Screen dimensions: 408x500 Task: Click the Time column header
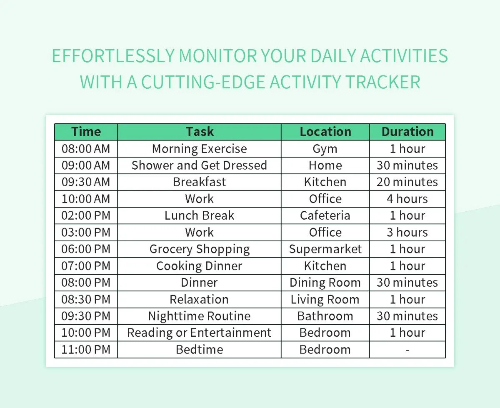coord(86,132)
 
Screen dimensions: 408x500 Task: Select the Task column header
coord(200,132)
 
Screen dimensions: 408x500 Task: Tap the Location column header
coord(325,132)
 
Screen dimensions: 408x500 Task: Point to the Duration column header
coord(407,132)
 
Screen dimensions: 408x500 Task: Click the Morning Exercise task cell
coord(200,149)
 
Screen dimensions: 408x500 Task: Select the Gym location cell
coord(325,149)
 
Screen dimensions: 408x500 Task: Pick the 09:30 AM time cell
coord(86,182)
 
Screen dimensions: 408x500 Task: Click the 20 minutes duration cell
coord(407,182)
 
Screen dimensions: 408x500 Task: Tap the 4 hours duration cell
coord(407,199)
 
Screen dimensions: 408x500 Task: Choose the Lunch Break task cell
coord(200,215)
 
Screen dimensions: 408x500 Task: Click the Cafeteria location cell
coord(325,215)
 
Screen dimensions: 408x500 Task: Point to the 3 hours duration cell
coord(407,232)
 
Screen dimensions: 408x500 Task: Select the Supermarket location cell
coord(325,249)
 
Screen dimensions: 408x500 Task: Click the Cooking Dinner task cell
coord(200,266)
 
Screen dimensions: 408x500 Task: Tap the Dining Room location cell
coord(325,283)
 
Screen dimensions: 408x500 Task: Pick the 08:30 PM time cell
coord(86,299)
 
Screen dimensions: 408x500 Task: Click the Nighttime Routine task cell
coord(200,316)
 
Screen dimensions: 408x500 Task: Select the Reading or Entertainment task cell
coord(200,333)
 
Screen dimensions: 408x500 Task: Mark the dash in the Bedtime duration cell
coord(407,350)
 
